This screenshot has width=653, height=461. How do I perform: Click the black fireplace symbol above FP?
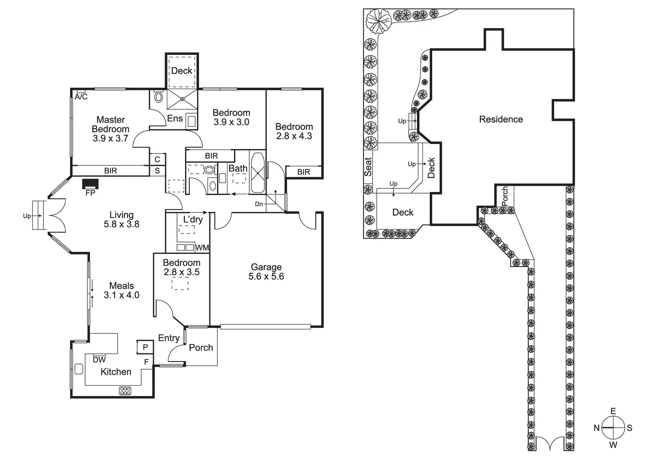tap(90, 184)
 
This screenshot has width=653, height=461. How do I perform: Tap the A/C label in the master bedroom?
tap(81, 97)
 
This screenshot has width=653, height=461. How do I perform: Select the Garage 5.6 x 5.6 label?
tap(266, 272)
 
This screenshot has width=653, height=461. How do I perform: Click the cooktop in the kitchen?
tap(125, 391)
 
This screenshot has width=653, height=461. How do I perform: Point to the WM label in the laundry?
tap(202, 248)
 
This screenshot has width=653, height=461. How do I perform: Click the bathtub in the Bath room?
tap(257, 172)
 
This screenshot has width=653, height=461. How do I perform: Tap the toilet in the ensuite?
tap(158, 97)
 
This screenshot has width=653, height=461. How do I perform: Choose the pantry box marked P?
tap(145, 347)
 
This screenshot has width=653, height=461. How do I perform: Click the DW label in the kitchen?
tap(99, 360)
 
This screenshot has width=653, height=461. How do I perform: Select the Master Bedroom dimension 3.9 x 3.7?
tap(110, 138)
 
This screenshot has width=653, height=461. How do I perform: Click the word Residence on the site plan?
tap(501, 119)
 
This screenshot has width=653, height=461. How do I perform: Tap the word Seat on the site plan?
tap(368, 167)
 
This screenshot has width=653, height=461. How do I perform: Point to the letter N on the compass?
tap(597, 428)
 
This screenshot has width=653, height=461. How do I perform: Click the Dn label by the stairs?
tap(259, 204)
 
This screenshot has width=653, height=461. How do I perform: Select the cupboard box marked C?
tap(157, 159)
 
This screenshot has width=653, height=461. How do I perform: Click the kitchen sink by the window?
tap(79, 369)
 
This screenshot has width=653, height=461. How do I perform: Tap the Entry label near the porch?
tap(169, 338)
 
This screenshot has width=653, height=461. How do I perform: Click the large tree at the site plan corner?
tap(378, 21)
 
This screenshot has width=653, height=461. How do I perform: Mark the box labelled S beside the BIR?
tap(157, 171)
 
